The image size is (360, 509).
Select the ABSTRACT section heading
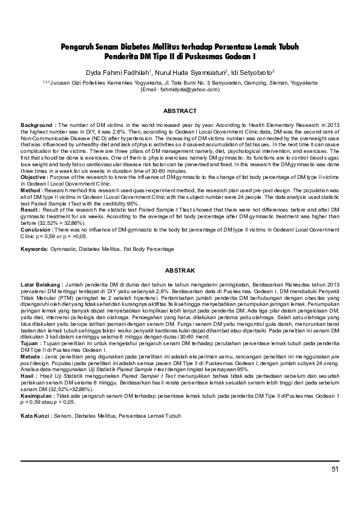tap(180, 111)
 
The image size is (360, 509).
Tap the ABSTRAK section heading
tap(180, 270)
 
